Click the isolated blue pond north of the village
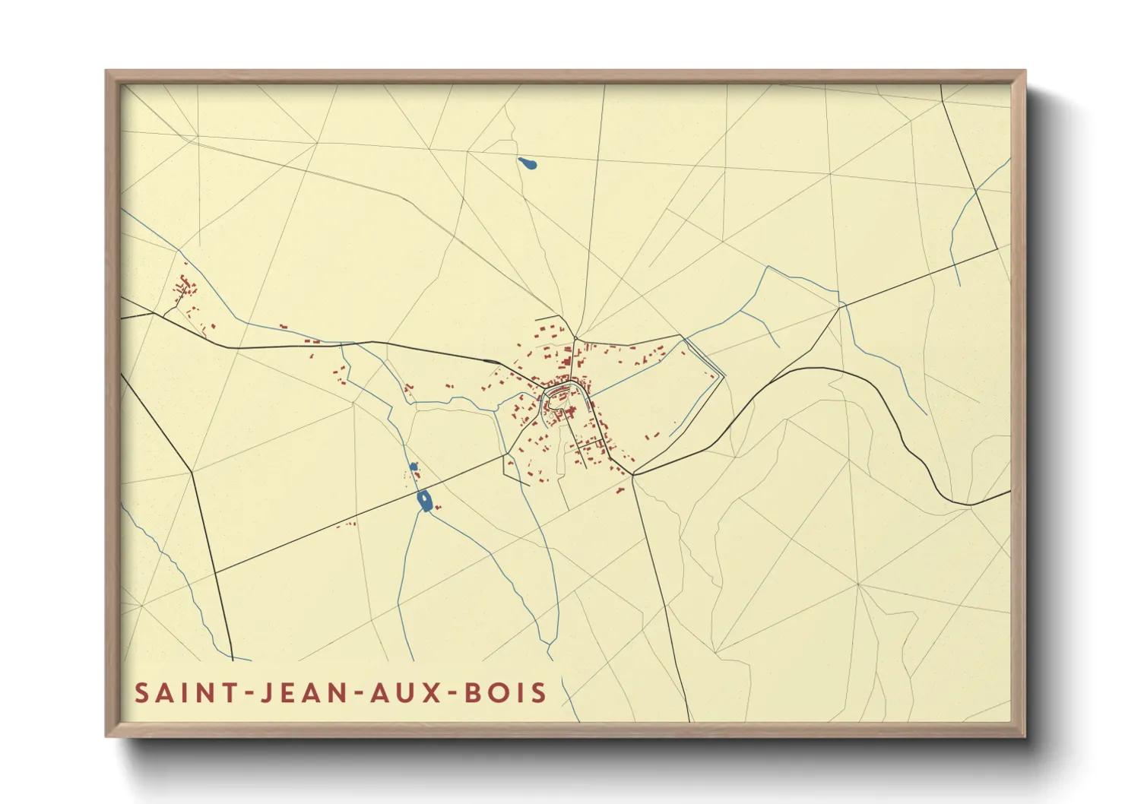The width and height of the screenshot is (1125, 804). coord(527,163)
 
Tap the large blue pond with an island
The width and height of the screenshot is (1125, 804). coord(425,501)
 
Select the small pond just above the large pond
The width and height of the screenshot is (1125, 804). coord(414,467)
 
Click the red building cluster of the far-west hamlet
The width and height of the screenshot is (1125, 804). coord(184,289)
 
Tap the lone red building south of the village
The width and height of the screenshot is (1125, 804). coord(620,491)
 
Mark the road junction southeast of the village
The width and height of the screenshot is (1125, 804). coord(633,475)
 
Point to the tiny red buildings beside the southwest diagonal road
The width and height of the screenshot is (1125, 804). coord(347,524)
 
